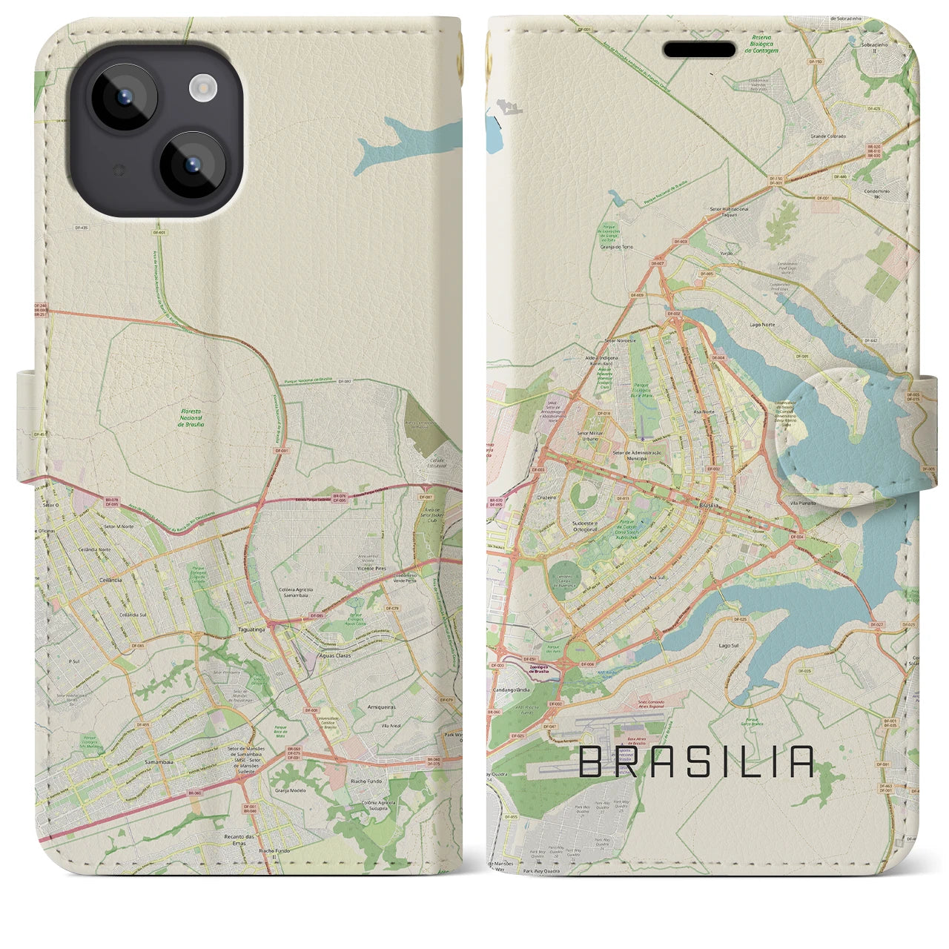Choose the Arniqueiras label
tap(383, 708)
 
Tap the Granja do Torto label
tap(618, 247)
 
